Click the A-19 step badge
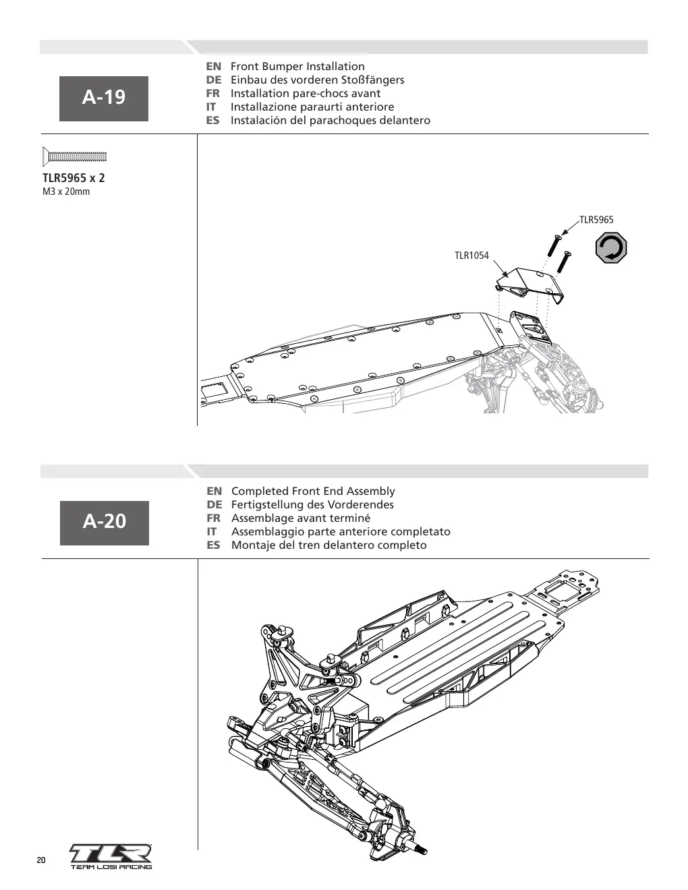tap(104, 98)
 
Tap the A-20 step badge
tap(105, 523)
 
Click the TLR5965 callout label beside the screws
tap(596, 220)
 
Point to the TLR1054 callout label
tap(471, 256)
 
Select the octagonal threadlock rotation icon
tap(611, 248)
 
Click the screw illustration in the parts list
tap(75, 156)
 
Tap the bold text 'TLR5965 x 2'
tap(74, 178)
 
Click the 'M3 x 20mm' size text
tap(66, 191)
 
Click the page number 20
tap(41, 860)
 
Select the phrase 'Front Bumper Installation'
tap(297, 66)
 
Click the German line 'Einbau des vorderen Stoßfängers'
tap(317, 80)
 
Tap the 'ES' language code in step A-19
tap(212, 121)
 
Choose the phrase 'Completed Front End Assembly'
tap(313, 491)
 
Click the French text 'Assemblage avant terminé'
tap(301, 518)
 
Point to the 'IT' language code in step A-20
tap(211, 531)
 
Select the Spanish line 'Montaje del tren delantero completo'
tap(329, 545)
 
